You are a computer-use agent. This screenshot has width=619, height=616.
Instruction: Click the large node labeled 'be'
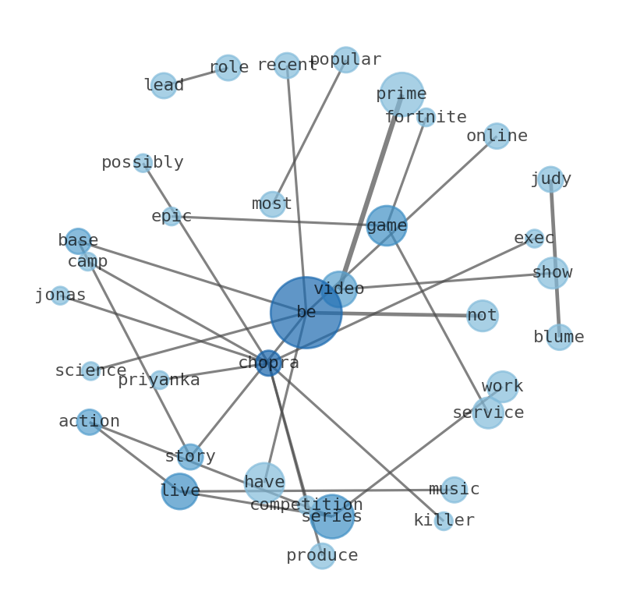point(306,312)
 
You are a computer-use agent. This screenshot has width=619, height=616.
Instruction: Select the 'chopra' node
point(268,363)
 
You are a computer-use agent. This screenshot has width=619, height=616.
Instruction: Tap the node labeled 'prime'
point(401,94)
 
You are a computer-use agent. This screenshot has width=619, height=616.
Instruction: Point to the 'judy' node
point(550,179)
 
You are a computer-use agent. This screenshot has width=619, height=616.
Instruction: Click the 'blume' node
point(559,337)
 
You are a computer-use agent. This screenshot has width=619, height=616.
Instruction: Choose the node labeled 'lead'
point(164,85)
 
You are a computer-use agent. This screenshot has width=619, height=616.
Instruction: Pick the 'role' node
point(228,68)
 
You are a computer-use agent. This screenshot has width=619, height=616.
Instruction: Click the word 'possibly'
point(143,163)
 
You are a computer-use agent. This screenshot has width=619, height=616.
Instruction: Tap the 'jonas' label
point(60,296)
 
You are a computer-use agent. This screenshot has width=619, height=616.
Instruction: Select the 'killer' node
point(444,521)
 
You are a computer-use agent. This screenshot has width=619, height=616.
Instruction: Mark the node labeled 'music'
point(454,490)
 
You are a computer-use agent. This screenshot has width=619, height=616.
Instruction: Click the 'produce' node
point(322,556)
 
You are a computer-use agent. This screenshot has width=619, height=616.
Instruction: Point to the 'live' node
point(179,491)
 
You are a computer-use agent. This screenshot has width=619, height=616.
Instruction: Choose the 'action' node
point(90,422)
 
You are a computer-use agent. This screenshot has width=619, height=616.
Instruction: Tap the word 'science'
point(90,371)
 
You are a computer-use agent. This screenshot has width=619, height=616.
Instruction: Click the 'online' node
point(497,136)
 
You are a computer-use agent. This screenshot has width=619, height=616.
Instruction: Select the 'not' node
point(482,316)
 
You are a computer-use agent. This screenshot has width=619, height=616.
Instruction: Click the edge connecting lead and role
point(196,76)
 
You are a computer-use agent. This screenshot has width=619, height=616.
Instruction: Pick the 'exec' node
point(534,239)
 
